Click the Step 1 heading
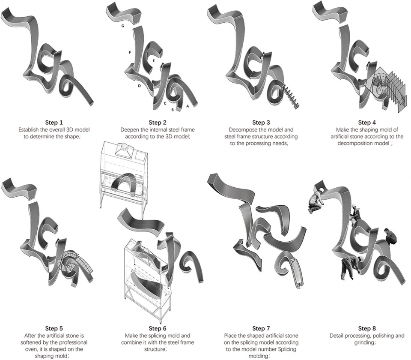point(54,122)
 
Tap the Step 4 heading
point(367,122)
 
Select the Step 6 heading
point(158,328)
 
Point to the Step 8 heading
point(367,328)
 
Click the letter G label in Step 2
point(123,26)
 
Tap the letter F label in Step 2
point(130,52)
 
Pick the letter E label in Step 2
point(154,60)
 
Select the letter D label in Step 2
point(140,86)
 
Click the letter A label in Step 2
point(187,106)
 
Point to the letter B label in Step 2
point(173,110)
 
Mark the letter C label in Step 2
point(165,103)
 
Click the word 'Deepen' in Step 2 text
point(128,129)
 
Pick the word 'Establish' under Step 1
point(28,129)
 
